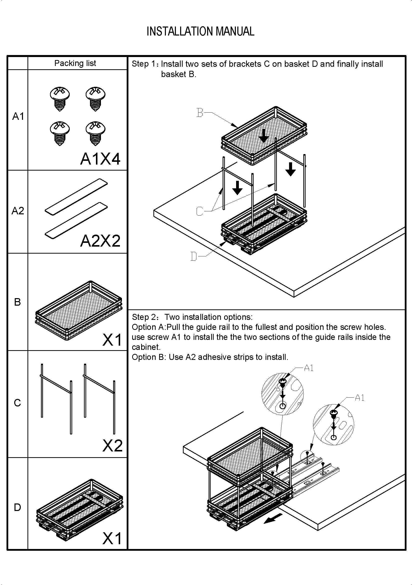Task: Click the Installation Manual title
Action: (200, 31)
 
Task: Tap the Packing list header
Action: (75, 63)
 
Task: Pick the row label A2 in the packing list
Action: (17, 211)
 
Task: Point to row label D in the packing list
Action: (17, 507)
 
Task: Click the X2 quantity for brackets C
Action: (112, 446)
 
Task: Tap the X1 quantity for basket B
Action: (112, 340)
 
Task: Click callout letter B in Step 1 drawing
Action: (200, 112)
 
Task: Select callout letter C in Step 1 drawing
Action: (200, 211)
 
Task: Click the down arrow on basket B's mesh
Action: (263, 136)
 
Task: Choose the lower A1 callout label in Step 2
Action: (359, 398)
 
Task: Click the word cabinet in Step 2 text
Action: (146, 347)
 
